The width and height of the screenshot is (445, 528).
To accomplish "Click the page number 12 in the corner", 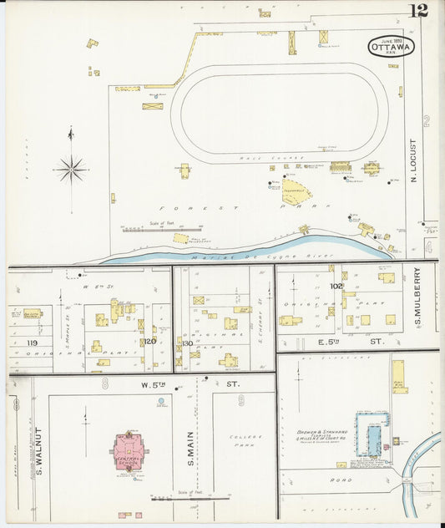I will pyautogui.click(x=417, y=10).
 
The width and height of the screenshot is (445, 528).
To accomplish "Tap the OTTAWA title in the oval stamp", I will pyautogui.click(x=390, y=48).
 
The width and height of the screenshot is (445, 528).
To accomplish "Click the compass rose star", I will pyautogui.click(x=72, y=170).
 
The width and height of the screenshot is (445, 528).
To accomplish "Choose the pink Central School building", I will pyautogui.click(x=129, y=451).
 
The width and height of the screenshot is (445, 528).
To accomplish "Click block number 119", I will pyautogui.click(x=32, y=343).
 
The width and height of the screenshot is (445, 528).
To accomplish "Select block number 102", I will pyautogui.click(x=336, y=286).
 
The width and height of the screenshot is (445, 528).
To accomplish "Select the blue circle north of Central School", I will pyautogui.click(x=160, y=401).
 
